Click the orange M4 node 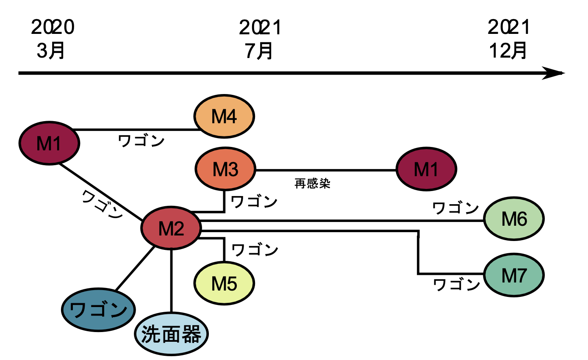(224, 116)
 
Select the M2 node (171, 229)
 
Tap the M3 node (225, 170)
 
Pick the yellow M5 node (224, 283)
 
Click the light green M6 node (514, 219)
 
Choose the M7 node (514, 276)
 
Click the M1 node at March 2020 (50, 144)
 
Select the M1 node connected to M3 (426, 169)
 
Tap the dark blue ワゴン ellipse (98, 310)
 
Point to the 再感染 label (312, 184)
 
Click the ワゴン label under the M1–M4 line (141, 140)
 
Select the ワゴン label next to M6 (455, 208)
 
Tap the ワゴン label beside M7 (456, 285)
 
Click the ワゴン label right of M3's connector (253, 201)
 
